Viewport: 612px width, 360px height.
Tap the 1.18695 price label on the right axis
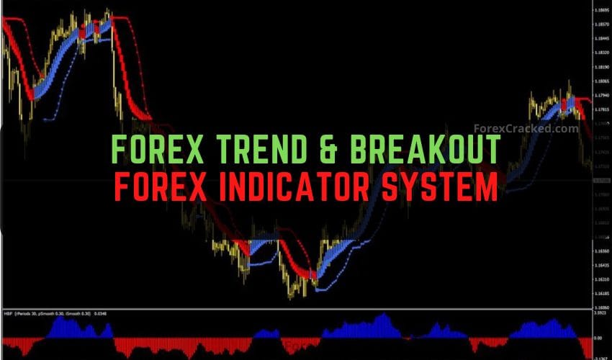coord(601,10)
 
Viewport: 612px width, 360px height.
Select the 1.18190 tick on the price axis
coord(601,66)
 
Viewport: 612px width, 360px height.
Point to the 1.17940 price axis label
coord(601,95)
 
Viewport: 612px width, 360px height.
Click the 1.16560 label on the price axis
coord(601,251)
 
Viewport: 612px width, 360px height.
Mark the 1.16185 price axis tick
coord(601,294)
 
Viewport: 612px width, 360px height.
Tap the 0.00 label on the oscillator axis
coord(598,337)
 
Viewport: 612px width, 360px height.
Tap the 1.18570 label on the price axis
coord(601,24)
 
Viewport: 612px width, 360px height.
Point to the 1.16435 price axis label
coord(601,265)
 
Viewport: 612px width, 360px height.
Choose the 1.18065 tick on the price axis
coord(601,81)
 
